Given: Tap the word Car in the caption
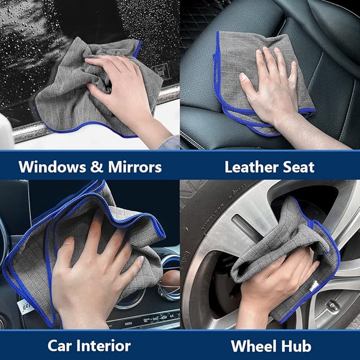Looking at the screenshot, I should point(59,346).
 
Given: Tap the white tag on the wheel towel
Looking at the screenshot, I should point(312,287).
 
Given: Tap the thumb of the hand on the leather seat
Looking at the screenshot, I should point(250,86).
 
